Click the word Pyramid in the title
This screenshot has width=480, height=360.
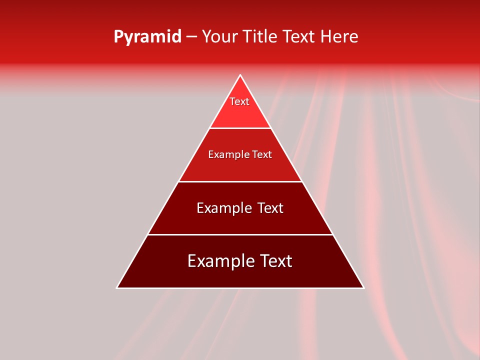(147, 37)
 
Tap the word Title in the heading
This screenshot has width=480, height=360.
(261, 37)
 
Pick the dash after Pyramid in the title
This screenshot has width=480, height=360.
(191, 37)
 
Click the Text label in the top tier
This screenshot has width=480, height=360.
(239, 101)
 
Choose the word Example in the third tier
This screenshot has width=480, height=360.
(222, 208)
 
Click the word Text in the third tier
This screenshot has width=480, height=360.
(270, 208)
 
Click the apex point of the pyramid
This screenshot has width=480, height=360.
(240, 75)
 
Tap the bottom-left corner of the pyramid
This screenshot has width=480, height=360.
(117, 287)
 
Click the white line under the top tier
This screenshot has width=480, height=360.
(240, 128)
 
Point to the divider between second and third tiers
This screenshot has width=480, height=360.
(240, 181)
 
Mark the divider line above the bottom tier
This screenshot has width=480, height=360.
(240, 234)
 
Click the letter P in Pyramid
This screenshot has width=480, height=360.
(118, 37)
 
